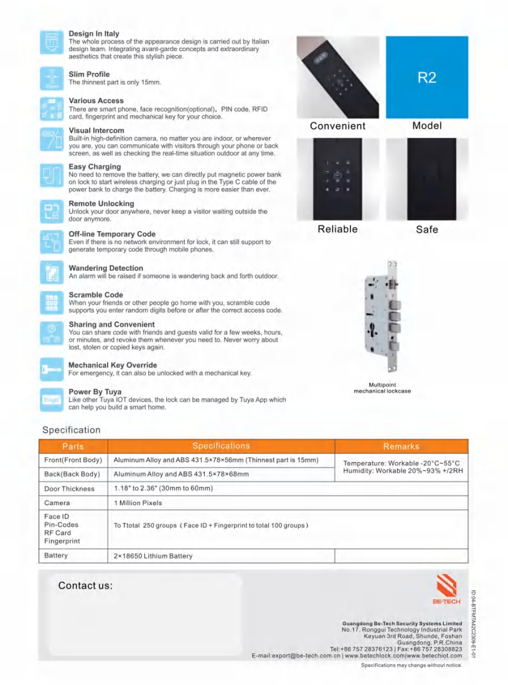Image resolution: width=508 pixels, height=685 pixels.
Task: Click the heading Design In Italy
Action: pos(94,34)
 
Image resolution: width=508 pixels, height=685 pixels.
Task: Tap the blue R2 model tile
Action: pos(426,77)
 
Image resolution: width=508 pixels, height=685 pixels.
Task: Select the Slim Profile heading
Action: pos(89,74)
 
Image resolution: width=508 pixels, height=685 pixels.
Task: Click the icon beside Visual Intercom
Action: pos(50,140)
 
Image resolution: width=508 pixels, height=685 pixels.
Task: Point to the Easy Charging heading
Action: pos(95,167)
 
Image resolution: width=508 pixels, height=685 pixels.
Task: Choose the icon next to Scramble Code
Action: pos(50,302)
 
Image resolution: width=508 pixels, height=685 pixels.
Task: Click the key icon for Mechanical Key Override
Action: pos(50,369)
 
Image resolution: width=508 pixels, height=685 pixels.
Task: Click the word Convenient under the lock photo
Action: pos(337,126)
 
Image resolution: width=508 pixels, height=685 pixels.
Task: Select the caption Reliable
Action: pos(337,229)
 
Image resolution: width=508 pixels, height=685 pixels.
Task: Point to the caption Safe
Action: pos(426,230)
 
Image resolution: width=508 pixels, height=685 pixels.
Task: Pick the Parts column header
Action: pos(73,446)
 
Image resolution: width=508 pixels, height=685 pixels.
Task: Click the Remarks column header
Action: pos(401,446)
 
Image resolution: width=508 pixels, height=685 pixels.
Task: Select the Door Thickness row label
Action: pos(70,489)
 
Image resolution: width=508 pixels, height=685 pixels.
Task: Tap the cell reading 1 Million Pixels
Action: pos(138,503)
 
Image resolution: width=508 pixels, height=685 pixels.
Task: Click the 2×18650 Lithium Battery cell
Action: pos(153,555)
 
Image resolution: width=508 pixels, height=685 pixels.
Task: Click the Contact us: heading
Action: pos(85,586)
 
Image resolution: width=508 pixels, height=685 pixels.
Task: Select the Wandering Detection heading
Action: pos(106,268)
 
